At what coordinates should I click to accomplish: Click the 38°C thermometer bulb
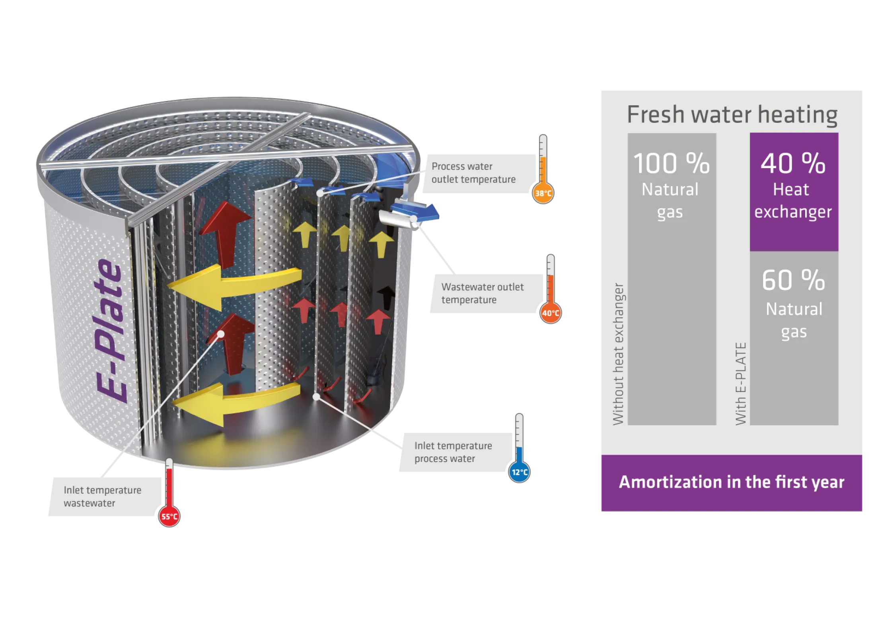pyautogui.click(x=543, y=194)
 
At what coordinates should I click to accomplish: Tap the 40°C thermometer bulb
pyautogui.click(x=551, y=313)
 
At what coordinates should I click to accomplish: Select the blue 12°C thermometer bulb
pyautogui.click(x=520, y=472)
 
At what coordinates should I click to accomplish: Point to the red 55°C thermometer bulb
pyautogui.click(x=169, y=516)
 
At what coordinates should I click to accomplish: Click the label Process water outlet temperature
pyautogui.click(x=473, y=173)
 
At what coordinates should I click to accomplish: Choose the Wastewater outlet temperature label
pyautogui.click(x=482, y=293)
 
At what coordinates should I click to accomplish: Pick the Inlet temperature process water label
pyautogui.click(x=453, y=452)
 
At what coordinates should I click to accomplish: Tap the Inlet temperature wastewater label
pyautogui.click(x=102, y=496)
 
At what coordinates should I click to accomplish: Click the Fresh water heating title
pyautogui.click(x=732, y=114)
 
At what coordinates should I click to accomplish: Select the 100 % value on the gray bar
pyautogui.click(x=672, y=163)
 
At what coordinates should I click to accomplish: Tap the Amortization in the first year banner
pyautogui.click(x=732, y=483)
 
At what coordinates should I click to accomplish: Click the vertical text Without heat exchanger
pyautogui.click(x=618, y=354)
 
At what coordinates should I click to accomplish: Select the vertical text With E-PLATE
pyautogui.click(x=740, y=384)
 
